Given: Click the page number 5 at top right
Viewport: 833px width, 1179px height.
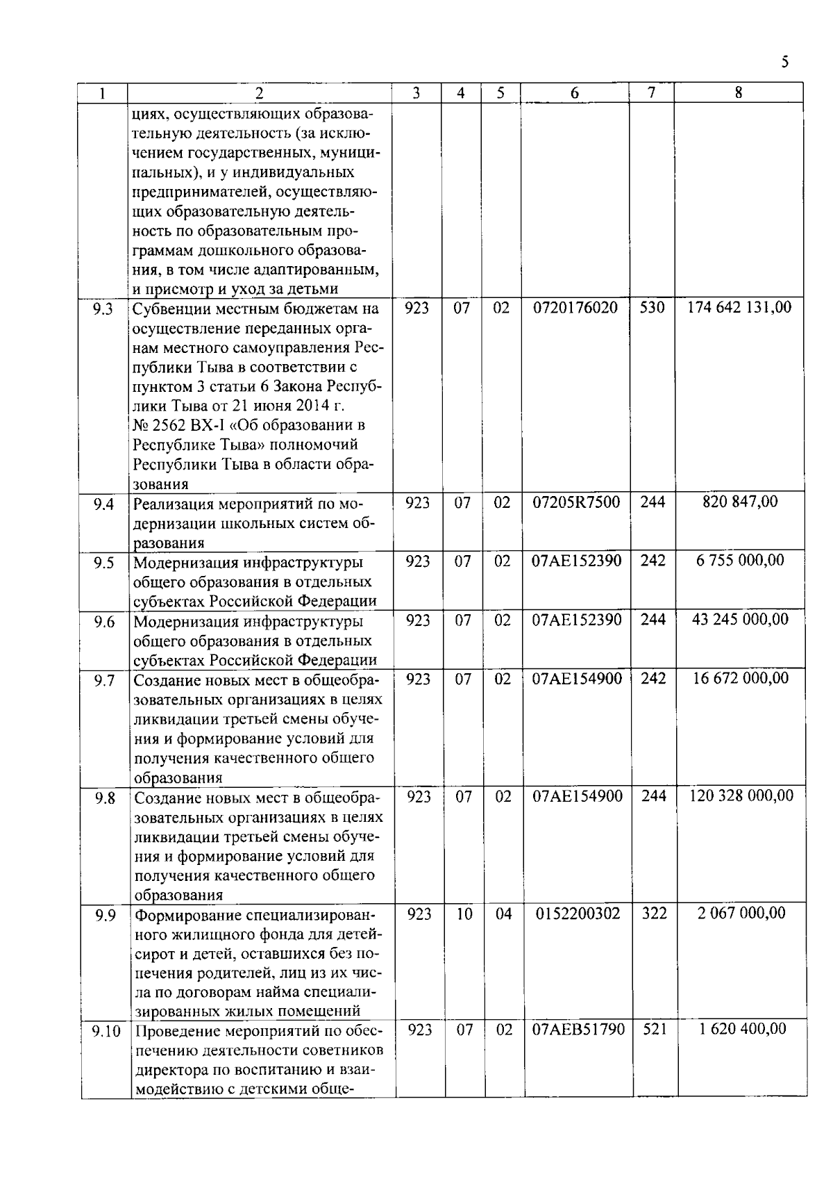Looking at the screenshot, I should pyautogui.click(x=784, y=63).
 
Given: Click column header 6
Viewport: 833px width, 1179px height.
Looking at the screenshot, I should pyautogui.click(x=575, y=93).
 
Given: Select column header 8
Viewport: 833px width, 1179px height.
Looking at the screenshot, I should pyautogui.click(x=739, y=92).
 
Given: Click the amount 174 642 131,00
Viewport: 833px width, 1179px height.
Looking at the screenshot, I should pyautogui.click(x=739, y=307).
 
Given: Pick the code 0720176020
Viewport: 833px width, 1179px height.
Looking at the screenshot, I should pyautogui.click(x=575, y=307).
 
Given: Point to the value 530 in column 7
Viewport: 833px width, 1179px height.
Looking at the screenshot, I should pyautogui.click(x=652, y=307).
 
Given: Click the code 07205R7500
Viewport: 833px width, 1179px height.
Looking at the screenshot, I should pyautogui.click(x=576, y=502).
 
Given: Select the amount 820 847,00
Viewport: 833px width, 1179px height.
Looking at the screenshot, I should pyautogui.click(x=740, y=502).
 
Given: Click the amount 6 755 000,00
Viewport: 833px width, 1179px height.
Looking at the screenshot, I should pyautogui.click(x=741, y=560).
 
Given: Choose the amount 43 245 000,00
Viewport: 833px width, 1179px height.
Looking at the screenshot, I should pyautogui.click(x=741, y=619).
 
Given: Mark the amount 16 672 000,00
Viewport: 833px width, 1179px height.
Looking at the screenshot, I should pyautogui.click(x=741, y=678).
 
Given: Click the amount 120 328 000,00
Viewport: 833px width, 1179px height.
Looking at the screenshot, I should pyautogui.click(x=741, y=795).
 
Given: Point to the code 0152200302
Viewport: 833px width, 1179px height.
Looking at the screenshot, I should pyautogui.click(x=578, y=913).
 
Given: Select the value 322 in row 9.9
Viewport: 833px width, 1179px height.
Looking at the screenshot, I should pyautogui.click(x=654, y=913).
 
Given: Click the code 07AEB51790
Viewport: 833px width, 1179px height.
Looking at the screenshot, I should pyautogui.click(x=578, y=1029).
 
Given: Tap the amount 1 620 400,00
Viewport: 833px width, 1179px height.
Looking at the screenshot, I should pyautogui.click(x=742, y=1029).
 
